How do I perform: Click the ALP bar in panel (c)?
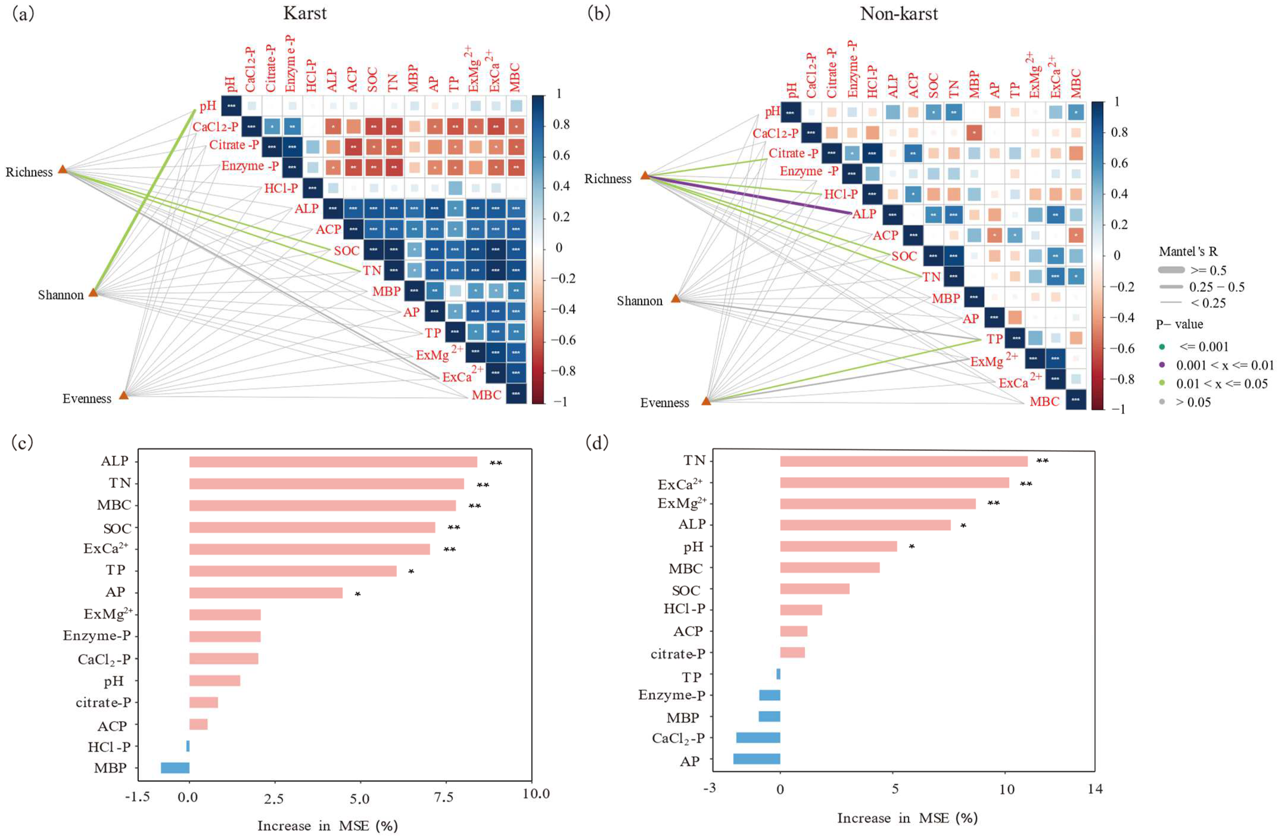[x=333, y=462]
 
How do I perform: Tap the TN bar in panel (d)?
[x=903, y=461]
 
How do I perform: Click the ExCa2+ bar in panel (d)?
[x=894, y=483]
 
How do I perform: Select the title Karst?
[x=305, y=13]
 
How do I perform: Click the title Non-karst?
[x=899, y=13]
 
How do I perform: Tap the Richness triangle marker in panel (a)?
[x=63, y=170]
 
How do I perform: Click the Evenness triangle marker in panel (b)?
[x=706, y=400]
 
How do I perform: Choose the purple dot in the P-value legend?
[x=1162, y=365]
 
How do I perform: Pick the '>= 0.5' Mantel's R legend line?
[x=1171, y=270]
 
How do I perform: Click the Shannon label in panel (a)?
[x=61, y=295]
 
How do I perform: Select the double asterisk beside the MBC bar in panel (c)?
[x=475, y=506]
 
